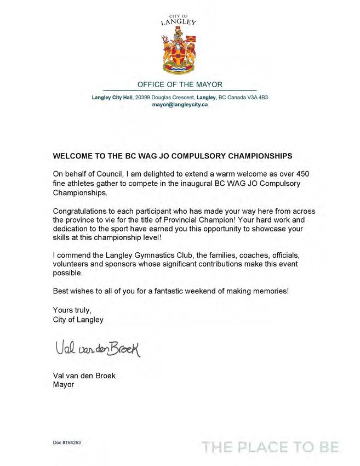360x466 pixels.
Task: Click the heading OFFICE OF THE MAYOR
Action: (x=180, y=84)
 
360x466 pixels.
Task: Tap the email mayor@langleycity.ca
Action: (x=180, y=104)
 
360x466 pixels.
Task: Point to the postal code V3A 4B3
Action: (x=256, y=97)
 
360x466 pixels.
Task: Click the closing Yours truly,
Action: (x=72, y=310)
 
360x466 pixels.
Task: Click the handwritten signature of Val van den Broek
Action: (x=98, y=348)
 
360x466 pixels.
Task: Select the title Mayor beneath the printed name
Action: (x=63, y=384)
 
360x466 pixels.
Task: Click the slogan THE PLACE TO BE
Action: (x=270, y=447)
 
